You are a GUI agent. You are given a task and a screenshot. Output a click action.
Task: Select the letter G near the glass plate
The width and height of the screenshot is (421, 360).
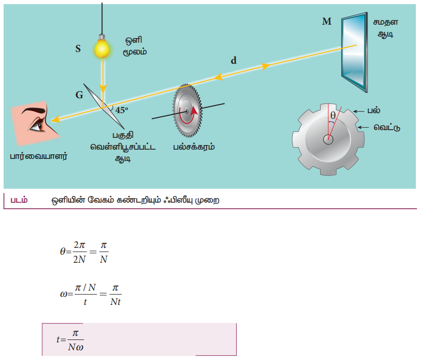tap(79, 95)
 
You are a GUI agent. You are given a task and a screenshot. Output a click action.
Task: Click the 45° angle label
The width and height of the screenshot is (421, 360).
tap(122, 110)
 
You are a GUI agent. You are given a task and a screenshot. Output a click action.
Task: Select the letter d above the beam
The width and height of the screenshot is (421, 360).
tap(234, 60)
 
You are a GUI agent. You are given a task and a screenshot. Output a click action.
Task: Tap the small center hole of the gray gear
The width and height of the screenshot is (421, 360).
tap(327, 139)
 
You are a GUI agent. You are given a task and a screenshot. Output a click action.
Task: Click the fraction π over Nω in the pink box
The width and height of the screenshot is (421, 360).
tap(75, 339)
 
